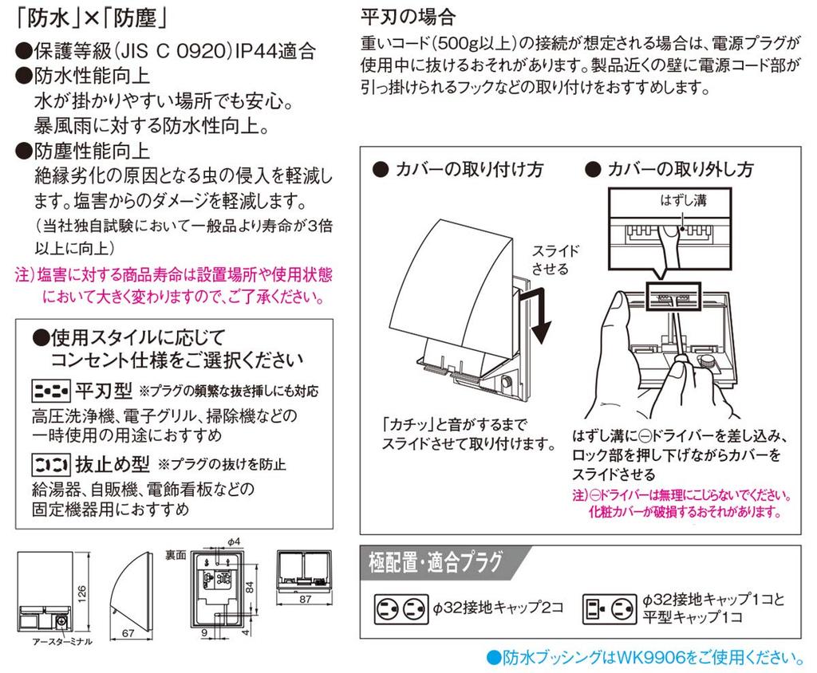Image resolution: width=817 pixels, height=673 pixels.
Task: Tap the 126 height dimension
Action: tap(82, 594)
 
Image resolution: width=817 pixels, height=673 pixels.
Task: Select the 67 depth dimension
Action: tap(128, 633)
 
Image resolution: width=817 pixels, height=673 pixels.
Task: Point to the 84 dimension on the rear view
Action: tap(250, 588)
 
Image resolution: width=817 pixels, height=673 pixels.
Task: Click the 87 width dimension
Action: tap(305, 599)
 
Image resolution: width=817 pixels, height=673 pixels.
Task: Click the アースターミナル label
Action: tap(62, 642)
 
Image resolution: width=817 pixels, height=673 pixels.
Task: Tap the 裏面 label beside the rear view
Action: tap(176, 555)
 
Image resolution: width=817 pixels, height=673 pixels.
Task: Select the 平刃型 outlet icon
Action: tap(50, 390)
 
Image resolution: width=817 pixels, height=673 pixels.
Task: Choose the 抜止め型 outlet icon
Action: tap(50, 464)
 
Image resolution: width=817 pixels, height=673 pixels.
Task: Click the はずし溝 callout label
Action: tap(683, 200)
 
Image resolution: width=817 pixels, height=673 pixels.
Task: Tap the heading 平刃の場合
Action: tap(408, 17)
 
